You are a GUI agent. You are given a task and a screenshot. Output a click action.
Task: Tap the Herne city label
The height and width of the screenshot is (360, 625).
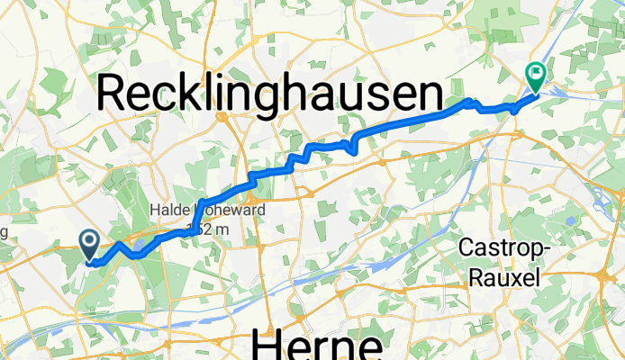point(315,344)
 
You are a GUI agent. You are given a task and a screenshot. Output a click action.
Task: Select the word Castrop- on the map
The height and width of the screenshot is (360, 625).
point(500,247)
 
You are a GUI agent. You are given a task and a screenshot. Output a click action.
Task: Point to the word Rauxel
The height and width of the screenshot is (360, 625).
point(504,278)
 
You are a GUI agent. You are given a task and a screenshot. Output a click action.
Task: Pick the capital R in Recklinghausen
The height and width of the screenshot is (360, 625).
point(116,93)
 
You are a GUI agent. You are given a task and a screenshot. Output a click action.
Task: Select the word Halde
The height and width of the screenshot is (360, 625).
point(168,211)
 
